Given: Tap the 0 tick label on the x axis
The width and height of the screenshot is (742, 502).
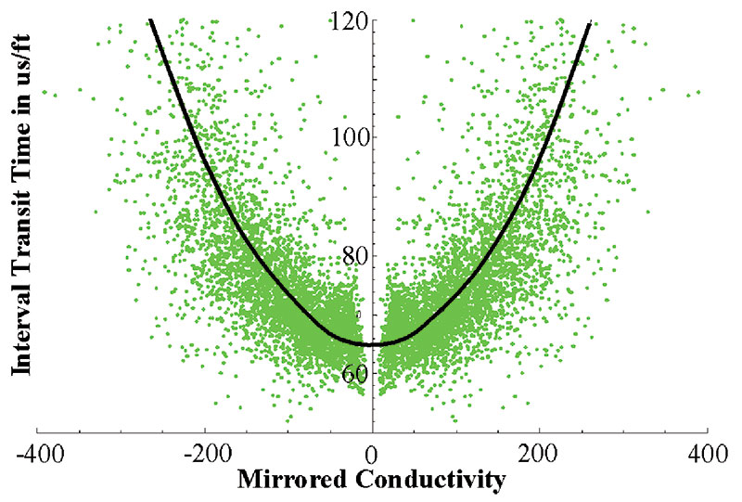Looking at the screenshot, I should tap(372, 456).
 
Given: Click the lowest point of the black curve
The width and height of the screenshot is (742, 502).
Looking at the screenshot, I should tap(372, 344).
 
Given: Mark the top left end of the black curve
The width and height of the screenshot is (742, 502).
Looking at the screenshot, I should tap(149, 19).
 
